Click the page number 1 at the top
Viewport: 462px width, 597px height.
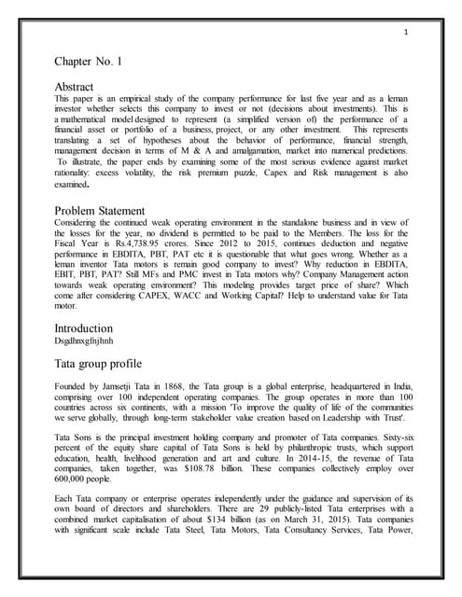coord(408,34)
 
